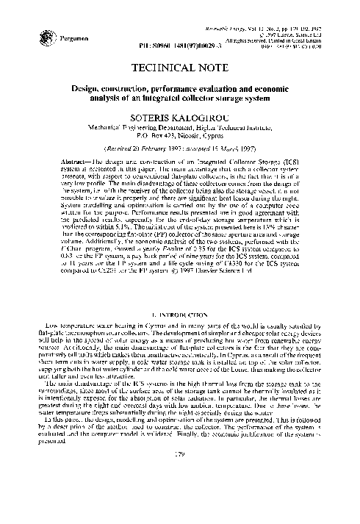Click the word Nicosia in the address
click(193, 135)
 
